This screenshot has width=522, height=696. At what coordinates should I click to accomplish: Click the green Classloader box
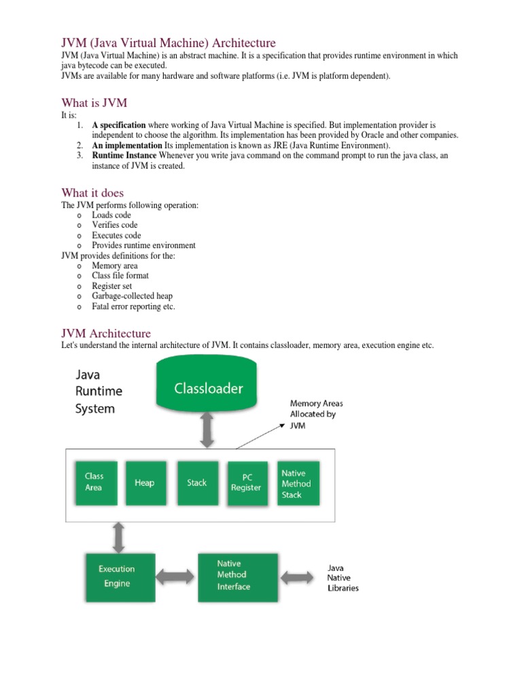tap(207, 388)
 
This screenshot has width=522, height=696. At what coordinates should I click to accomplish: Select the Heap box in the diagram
tap(144, 483)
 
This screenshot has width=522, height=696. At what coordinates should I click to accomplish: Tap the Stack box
tap(197, 483)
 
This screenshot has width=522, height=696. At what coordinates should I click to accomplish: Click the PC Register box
tap(246, 483)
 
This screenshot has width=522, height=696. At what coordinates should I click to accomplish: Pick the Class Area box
tap(94, 483)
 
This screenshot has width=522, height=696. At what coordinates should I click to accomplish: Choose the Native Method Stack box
tap(296, 483)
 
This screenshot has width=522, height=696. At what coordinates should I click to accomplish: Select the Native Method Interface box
tap(238, 576)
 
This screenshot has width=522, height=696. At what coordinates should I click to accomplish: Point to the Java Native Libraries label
tap(343, 578)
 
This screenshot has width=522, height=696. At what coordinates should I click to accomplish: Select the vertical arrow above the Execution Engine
tap(119, 536)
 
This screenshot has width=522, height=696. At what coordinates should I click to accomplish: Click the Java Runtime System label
tap(99, 391)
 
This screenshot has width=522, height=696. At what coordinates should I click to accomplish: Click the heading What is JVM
tap(94, 103)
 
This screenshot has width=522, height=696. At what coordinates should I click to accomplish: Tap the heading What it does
tap(92, 192)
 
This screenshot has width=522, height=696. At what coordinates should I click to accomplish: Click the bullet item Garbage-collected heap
tap(132, 296)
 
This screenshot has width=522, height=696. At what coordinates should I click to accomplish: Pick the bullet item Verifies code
tap(115, 225)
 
